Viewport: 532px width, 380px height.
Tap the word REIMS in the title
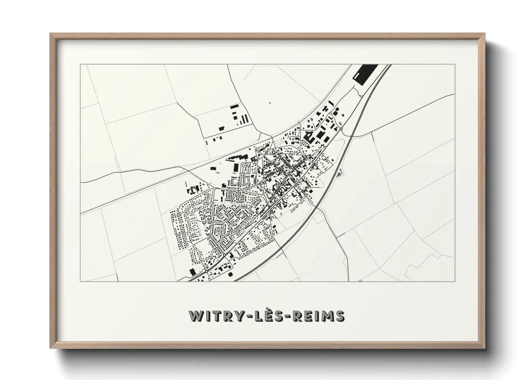coord(319,316)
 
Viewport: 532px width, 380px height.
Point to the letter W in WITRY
coord(196,316)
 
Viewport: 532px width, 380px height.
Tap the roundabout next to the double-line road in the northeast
coord(341,128)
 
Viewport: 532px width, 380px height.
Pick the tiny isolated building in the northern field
coord(270,103)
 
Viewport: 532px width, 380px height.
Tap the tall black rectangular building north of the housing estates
coord(236,168)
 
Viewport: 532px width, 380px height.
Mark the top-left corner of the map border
coord(81,65)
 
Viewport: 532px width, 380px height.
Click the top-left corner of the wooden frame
coord(50,33)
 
